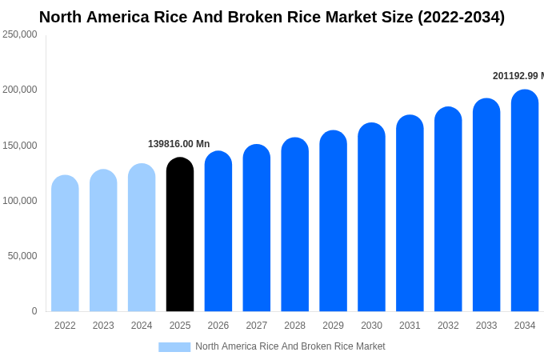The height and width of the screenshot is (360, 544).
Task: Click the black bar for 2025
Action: pyautogui.click(x=180, y=235)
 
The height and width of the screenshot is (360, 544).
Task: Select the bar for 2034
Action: pyautogui.click(x=525, y=202)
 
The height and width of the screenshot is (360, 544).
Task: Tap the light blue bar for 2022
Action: pyautogui.click(x=65, y=244)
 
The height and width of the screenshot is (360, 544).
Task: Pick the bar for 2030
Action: pyautogui.click(x=371, y=218)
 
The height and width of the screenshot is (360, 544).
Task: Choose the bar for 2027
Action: pyautogui.click(x=257, y=229)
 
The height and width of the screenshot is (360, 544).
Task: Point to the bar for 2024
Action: pyautogui.click(x=142, y=238)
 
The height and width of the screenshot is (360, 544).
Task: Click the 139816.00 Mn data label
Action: pyautogui.click(x=178, y=144)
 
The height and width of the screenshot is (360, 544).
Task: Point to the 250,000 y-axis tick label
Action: pyautogui.click(x=20, y=34)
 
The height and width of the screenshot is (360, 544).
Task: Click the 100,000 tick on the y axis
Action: pyautogui.click(x=20, y=201)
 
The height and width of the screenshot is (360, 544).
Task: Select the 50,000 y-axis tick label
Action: pyautogui.click(x=22, y=256)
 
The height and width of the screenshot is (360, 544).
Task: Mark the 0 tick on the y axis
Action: pyautogui.click(x=34, y=311)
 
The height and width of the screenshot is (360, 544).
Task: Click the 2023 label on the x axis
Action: pyautogui.click(x=103, y=326)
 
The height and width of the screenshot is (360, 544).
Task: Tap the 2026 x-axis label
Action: pyautogui.click(x=218, y=326)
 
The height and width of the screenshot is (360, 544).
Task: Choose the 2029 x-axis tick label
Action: pyautogui.click(x=333, y=326)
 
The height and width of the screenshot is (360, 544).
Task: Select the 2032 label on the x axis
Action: pyautogui.click(x=448, y=326)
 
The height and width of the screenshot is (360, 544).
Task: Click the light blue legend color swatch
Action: pyautogui.click(x=174, y=347)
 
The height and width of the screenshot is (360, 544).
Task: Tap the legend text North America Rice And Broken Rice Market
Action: pyautogui.click(x=290, y=346)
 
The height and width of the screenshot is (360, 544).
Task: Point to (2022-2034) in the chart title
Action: pyautogui.click(x=461, y=17)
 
